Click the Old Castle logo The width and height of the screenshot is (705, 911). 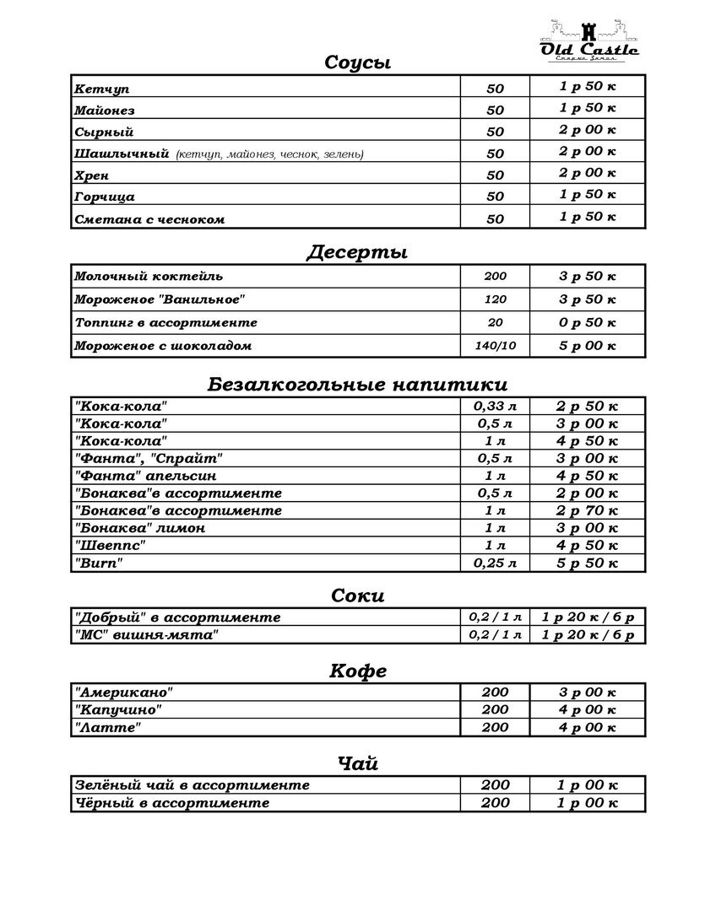click(x=589, y=39)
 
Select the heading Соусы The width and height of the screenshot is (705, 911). click(x=357, y=62)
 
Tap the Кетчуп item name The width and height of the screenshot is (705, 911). click(x=101, y=89)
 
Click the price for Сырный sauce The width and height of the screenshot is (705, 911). click(x=587, y=130)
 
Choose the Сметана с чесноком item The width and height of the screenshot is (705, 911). click(x=149, y=219)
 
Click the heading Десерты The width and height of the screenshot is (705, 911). click(x=357, y=252)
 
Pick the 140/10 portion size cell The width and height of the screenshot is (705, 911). click(x=495, y=346)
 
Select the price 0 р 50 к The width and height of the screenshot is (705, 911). click(x=587, y=322)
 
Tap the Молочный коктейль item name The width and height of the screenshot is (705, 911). click(x=149, y=277)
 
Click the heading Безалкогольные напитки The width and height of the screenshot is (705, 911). click(x=357, y=385)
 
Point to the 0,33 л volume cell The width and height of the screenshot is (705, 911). click(x=495, y=406)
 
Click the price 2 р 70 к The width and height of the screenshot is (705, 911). click(x=587, y=510)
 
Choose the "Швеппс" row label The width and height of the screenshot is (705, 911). click(x=110, y=546)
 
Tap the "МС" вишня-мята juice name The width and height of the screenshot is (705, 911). click(x=146, y=635)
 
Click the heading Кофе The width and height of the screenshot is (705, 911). click(x=357, y=671)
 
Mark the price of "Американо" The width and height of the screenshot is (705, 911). click(x=587, y=693)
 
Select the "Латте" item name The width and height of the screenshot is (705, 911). click(x=107, y=727)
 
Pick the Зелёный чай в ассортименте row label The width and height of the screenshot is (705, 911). click(x=192, y=785)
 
